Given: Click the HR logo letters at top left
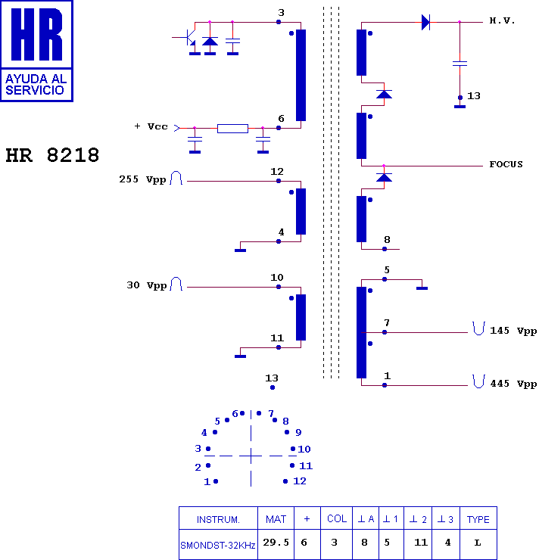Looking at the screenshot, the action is pos(37,34).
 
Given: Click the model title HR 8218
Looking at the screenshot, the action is pos(52,155).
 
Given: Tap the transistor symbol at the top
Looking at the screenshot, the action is pos(189,37).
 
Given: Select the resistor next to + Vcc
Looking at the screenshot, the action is pos(232,128).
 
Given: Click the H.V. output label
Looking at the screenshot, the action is pos(502,20).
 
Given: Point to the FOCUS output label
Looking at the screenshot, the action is pos(506,164).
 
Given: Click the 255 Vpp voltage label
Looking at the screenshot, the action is pos(142,179).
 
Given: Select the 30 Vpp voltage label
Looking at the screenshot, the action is pos(146,285).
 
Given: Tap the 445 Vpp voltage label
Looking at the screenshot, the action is pos(513,384).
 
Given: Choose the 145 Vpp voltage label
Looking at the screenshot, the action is pos(513,331).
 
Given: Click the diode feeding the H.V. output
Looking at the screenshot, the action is pos(425,22).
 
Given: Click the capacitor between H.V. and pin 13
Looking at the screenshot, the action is pos(460,64).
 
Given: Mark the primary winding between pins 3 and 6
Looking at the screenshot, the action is pos(301,75).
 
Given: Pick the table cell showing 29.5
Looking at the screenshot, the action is pos(276,543).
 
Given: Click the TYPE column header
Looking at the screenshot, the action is pos(478,519).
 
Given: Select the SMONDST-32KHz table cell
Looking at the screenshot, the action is pos(217,546).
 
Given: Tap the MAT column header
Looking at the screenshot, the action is pos(276,519).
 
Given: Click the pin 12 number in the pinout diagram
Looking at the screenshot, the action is pos(300,481).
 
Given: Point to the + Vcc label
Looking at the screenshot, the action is pos(151,126).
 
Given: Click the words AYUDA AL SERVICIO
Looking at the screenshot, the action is pos(36,84).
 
